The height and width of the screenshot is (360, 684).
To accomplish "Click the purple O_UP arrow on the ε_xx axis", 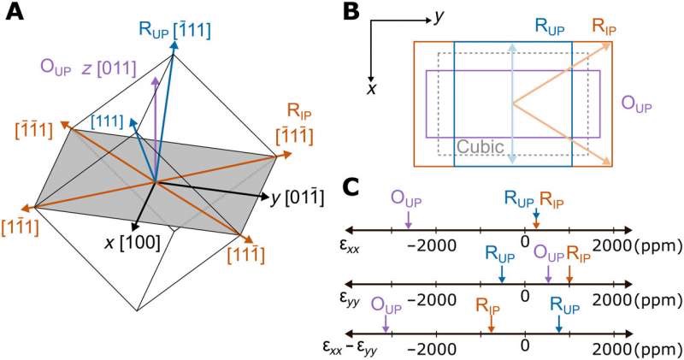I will (408, 219).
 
